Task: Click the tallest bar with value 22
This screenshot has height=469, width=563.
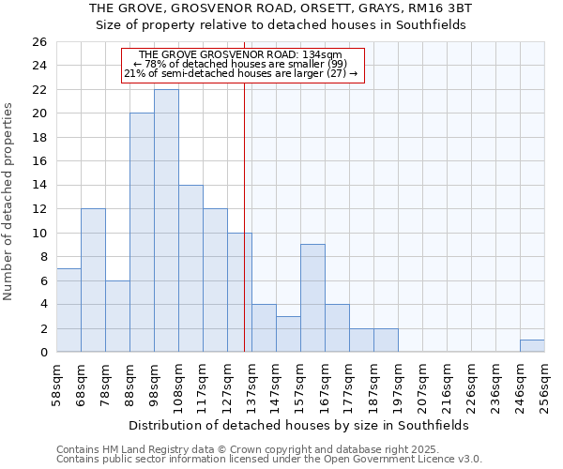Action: pos(166,220)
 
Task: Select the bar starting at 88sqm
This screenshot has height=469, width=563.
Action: pos(142,233)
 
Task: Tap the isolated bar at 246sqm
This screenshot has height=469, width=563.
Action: pos(532,346)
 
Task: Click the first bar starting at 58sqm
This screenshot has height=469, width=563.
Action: pos(68,310)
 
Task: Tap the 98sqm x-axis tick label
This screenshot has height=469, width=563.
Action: pos(154,386)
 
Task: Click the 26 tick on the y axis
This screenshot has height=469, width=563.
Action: pos(38,42)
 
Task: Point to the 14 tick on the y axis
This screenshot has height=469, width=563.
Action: pos(38,186)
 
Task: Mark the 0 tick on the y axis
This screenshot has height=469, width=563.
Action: pos(42,353)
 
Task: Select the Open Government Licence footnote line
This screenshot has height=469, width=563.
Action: pos(269,460)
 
